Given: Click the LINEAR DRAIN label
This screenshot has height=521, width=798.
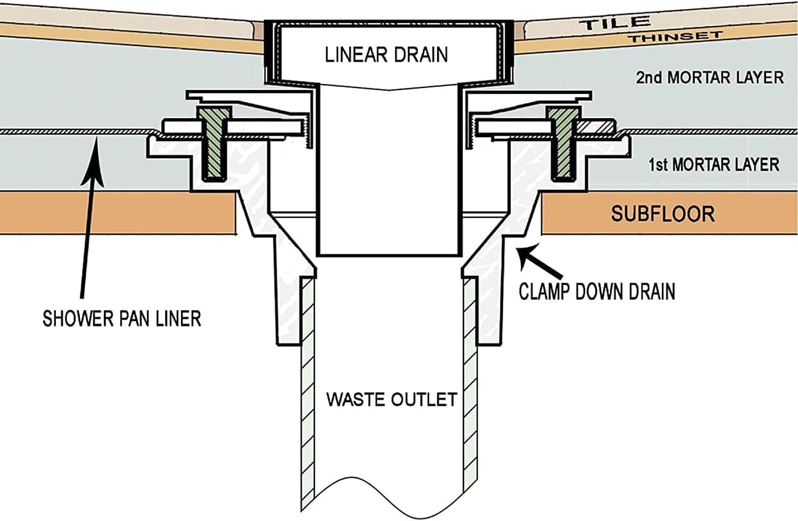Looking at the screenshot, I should (x=386, y=54).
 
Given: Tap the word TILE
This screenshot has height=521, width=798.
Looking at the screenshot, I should (x=615, y=23).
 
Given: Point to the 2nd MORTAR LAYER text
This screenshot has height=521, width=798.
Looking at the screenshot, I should (x=710, y=77).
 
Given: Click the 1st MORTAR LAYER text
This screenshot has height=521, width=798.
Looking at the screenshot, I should (x=714, y=164).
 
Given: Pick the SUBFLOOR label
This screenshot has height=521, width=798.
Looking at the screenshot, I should (x=662, y=214).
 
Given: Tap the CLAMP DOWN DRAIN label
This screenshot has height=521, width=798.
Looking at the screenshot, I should (x=597, y=292).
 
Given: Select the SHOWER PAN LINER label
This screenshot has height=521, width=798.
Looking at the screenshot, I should (x=122, y=319).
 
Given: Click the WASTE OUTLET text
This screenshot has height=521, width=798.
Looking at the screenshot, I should (x=392, y=399).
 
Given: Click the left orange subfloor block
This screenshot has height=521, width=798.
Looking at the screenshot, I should (x=117, y=213).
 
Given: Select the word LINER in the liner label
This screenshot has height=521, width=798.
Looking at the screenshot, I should (x=178, y=319).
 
